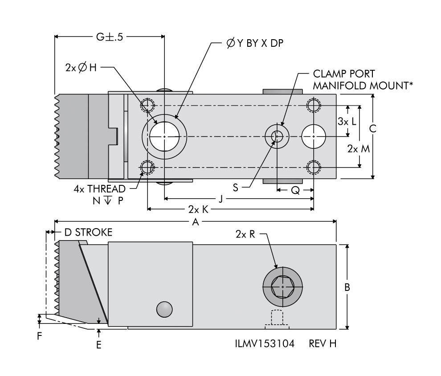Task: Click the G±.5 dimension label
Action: coord(109,37)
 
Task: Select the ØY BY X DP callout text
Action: coord(254,43)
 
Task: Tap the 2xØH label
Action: coord(81,68)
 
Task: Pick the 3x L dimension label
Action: coord(347,121)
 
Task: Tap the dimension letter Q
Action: coord(295,190)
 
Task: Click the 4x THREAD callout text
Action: coord(100,189)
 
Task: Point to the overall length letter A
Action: coord(194,221)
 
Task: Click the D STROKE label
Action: coord(88,233)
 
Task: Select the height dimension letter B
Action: coord(347,287)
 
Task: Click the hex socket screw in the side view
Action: coord(283,287)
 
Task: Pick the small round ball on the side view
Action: coord(164,309)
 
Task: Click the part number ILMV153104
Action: coord(265,344)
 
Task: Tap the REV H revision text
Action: coord(323,344)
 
